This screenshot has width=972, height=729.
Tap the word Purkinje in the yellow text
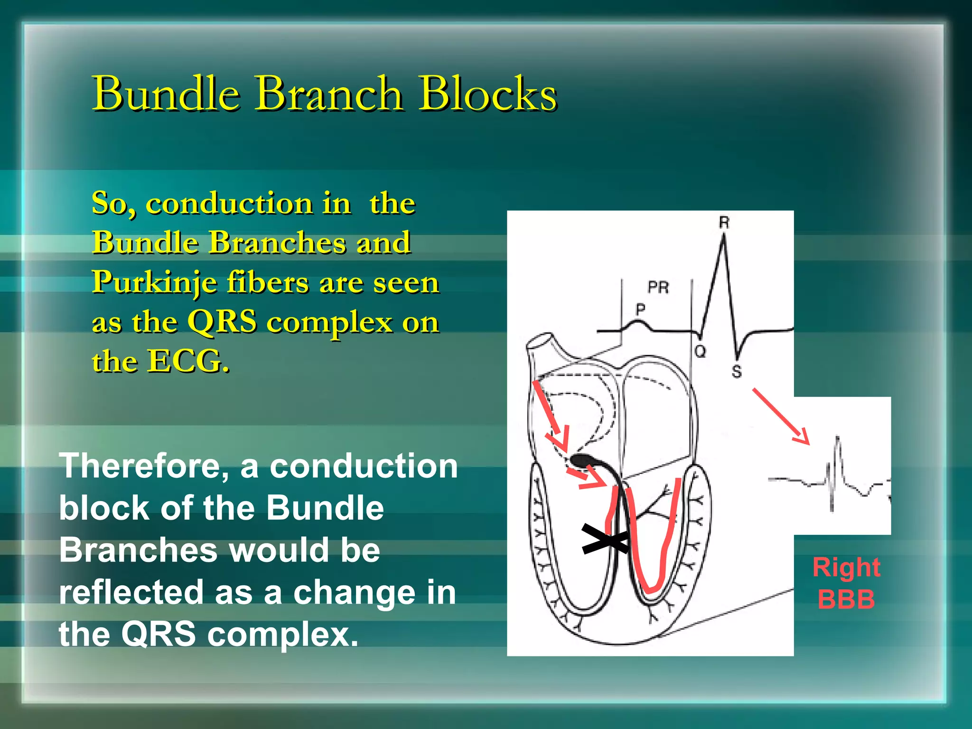(154, 284)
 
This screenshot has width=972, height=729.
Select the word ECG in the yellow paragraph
(188, 362)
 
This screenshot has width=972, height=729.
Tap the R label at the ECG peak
(724, 222)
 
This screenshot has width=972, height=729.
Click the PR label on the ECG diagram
(658, 287)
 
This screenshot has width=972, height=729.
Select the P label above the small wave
(640, 309)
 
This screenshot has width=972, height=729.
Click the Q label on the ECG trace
(700, 352)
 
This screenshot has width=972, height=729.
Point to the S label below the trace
(736, 372)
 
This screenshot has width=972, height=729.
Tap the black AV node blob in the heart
(582, 459)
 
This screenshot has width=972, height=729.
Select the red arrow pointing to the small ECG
(780, 416)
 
